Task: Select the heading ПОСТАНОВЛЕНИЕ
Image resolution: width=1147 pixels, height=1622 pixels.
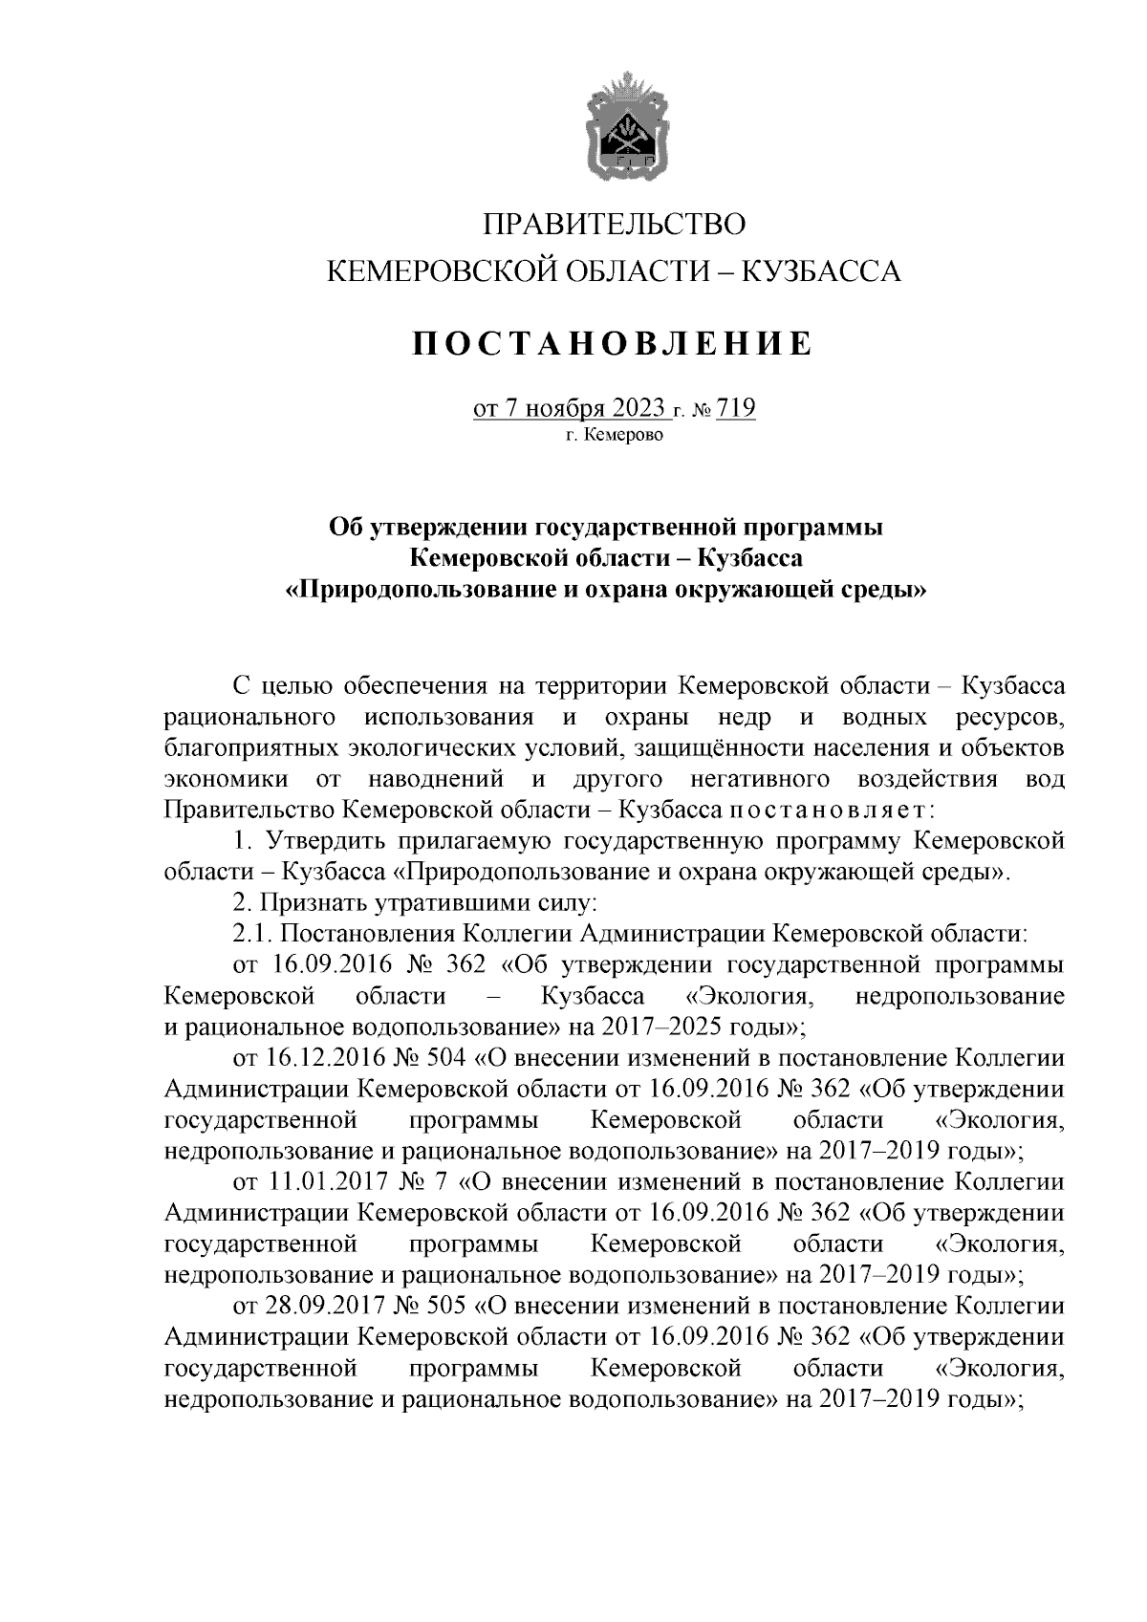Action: (613, 343)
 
